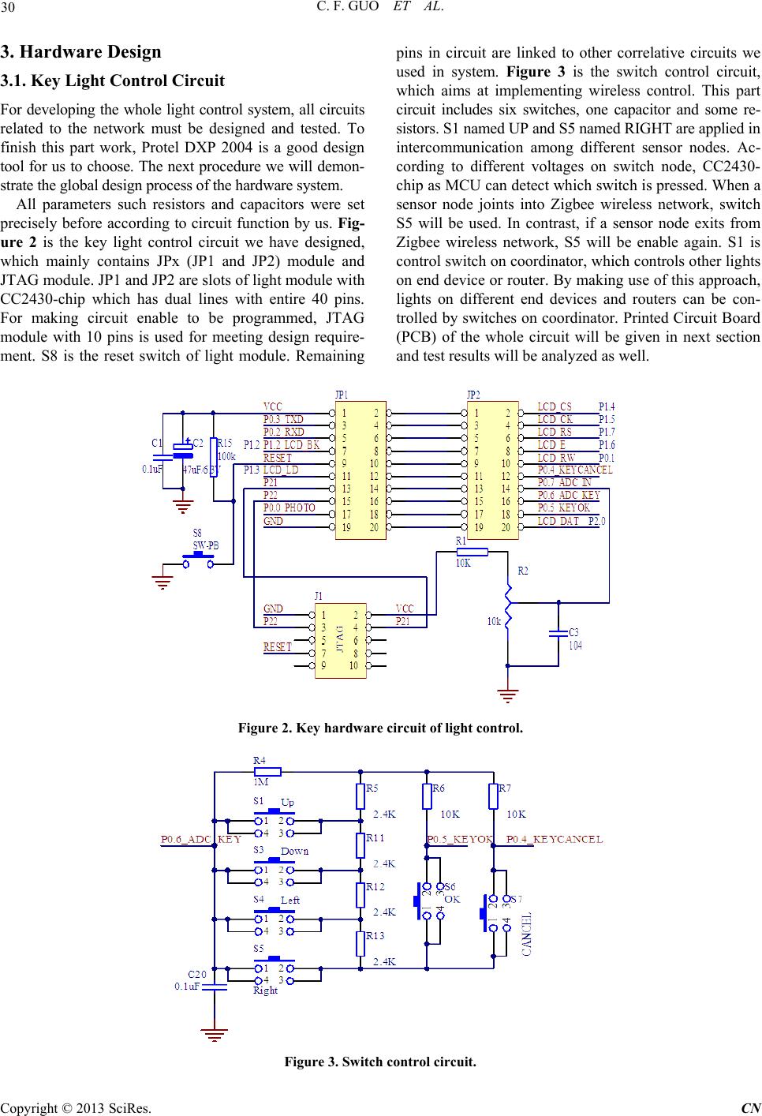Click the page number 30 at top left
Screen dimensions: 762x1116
(x=7, y=7)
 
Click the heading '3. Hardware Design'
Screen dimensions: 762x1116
(x=80, y=52)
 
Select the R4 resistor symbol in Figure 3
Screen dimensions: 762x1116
(x=267, y=772)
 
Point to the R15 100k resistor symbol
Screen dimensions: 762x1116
(x=214, y=457)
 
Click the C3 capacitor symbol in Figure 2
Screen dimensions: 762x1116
(x=558, y=634)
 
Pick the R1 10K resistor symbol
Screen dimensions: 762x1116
(x=473, y=552)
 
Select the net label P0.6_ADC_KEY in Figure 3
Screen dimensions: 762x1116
(x=200, y=839)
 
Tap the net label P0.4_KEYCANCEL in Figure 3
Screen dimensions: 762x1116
(x=555, y=839)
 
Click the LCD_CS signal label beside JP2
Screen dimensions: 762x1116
(x=555, y=406)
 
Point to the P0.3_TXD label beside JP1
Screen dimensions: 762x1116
(x=283, y=419)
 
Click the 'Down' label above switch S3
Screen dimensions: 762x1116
(x=294, y=851)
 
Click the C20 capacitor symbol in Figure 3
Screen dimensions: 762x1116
(x=214, y=987)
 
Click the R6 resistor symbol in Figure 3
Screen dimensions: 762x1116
(x=427, y=796)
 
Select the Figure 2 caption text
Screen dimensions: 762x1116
(x=380, y=728)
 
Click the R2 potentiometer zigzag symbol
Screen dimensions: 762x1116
(x=509, y=605)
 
